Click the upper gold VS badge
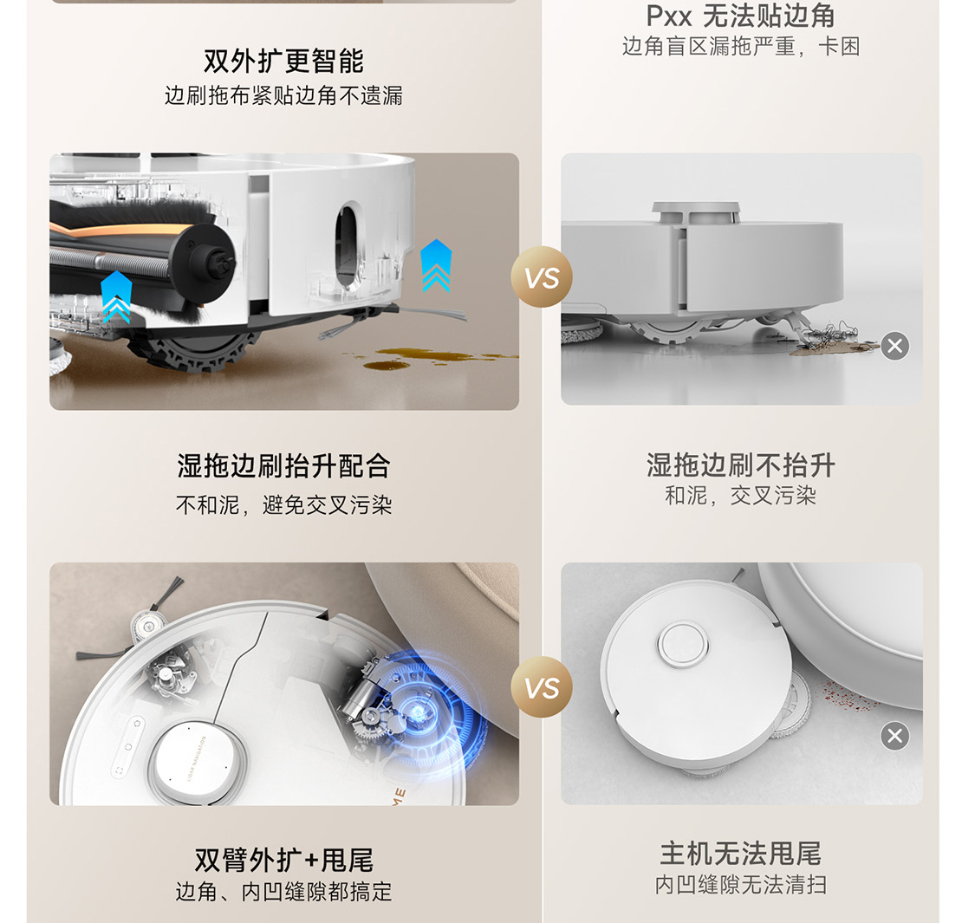[542, 276]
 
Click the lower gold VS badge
[542, 687]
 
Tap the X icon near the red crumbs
[894, 737]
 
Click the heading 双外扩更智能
[283, 61]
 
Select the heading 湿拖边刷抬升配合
[283, 466]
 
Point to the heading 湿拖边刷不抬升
[741, 465]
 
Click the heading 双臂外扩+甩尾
[283, 861]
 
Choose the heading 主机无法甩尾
[741, 854]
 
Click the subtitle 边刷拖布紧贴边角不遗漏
[283, 96]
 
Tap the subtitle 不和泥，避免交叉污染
[283, 504]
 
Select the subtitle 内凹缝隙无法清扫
[741, 885]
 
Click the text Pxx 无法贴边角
[741, 16]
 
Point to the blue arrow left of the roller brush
[116, 297]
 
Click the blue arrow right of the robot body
[436, 266]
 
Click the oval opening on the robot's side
[348, 245]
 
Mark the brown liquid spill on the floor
[428, 358]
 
